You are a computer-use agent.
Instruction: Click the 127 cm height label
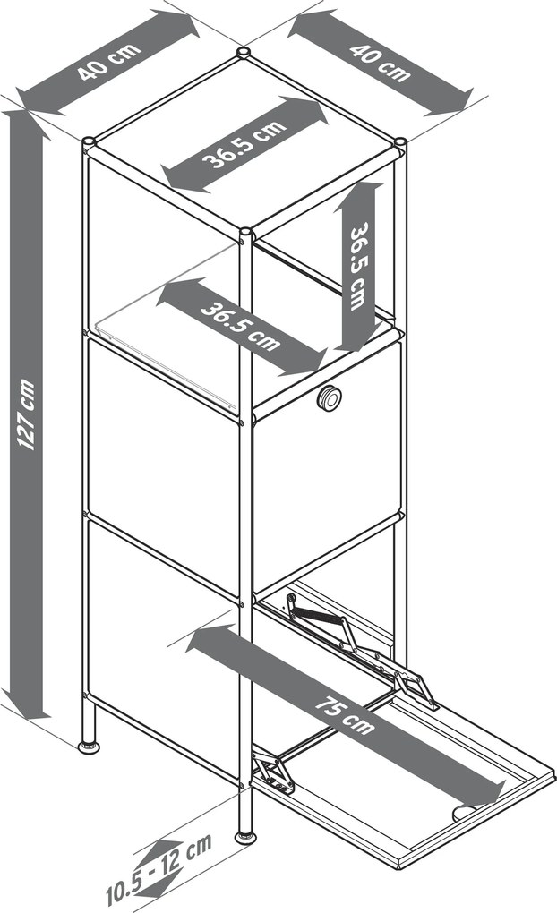[27, 414]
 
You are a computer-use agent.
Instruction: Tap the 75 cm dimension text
[346, 714]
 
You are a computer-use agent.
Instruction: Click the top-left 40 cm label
[109, 60]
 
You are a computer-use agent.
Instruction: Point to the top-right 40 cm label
[380, 62]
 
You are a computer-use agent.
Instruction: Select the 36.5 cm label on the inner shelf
[241, 326]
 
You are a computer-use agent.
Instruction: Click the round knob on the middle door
[330, 398]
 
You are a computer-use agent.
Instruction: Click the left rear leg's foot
[89, 746]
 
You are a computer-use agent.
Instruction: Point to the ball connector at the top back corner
[244, 53]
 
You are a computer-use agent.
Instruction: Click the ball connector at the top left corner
[89, 142]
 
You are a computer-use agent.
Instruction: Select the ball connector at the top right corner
[401, 142]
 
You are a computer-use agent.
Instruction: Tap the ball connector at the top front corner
[246, 234]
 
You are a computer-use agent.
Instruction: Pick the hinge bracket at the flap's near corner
[274, 772]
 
